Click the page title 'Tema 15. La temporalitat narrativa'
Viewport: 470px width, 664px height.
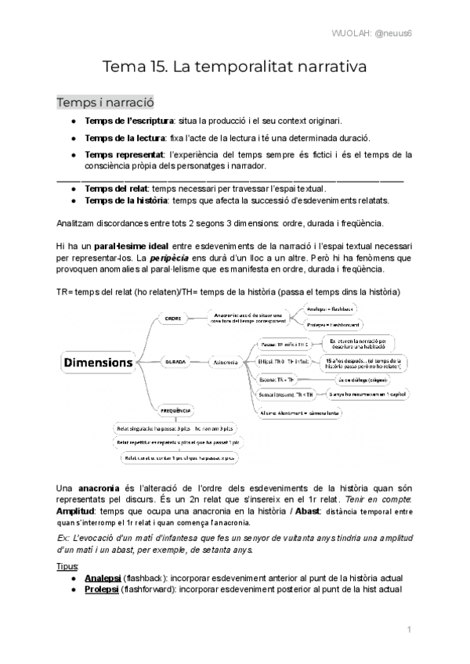tap(235, 67)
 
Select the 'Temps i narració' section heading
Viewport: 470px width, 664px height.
tap(105, 103)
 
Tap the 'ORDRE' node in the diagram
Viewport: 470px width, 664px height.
tap(174, 318)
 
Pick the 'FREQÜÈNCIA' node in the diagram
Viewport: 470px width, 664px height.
tap(176, 410)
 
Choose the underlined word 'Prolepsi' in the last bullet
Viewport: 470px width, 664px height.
tap(102, 589)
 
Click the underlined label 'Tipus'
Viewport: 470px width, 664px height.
tap(68, 565)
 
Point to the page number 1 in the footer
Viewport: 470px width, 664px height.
tap(410, 629)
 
